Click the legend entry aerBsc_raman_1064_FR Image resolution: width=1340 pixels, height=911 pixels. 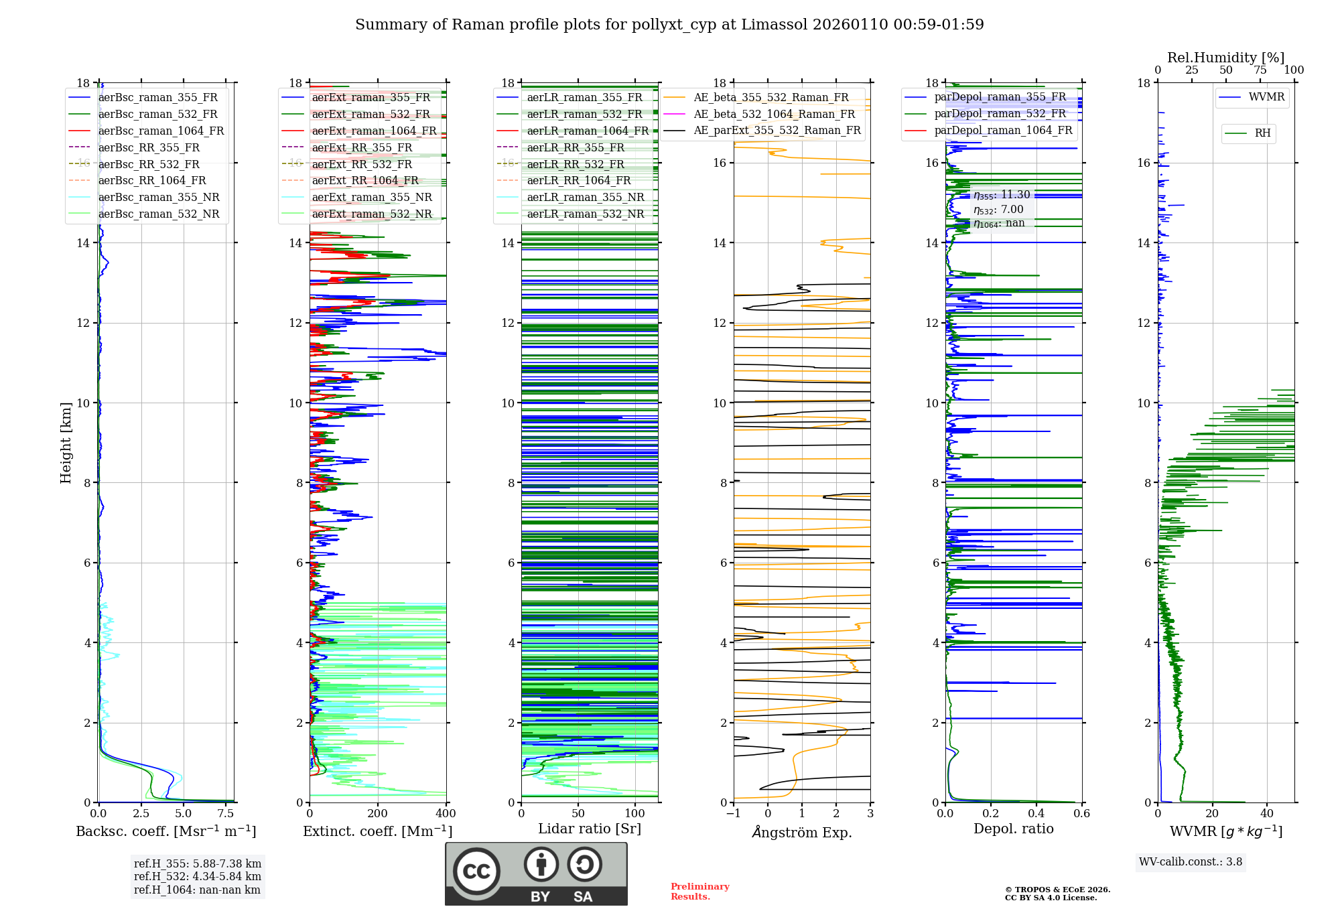161,131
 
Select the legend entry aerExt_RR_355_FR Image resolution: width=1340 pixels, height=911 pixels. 362,147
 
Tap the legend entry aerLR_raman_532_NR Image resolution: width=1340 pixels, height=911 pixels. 585,214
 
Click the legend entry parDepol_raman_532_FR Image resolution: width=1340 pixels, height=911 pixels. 1000,113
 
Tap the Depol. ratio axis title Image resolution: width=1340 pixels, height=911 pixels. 1013,829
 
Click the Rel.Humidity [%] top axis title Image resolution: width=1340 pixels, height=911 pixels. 1225,58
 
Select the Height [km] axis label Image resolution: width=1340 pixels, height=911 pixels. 66,442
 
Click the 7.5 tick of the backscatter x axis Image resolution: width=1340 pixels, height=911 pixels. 226,814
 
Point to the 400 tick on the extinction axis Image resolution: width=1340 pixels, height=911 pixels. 446,814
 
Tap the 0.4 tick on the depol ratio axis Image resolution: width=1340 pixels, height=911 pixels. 1036,814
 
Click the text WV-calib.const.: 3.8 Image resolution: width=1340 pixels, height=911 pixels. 1190,862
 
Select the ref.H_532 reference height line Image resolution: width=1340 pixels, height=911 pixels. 197,876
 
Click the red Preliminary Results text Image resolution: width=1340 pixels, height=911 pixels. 699,891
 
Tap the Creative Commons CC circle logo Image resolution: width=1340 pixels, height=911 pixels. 476,871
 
